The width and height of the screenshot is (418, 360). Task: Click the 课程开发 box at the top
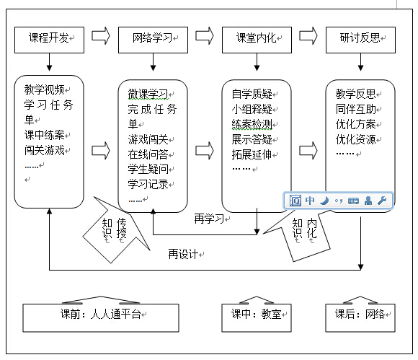pyautogui.click(x=49, y=40)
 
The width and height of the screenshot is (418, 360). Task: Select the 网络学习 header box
pyautogui.click(x=153, y=40)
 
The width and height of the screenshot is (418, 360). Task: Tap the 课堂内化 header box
pyautogui.click(x=257, y=40)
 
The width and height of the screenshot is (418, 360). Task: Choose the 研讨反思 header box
pyautogui.click(x=360, y=40)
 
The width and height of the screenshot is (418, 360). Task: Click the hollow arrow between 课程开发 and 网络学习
pyautogui.click(x=101, y=36)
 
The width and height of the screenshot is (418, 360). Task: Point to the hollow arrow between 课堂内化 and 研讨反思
pyautogui.click(x=308, y=36)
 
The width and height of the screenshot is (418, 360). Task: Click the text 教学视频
pyautogui.click(x=44, y=89)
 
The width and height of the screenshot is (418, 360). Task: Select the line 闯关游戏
pyautogui.click(x=44, y=150)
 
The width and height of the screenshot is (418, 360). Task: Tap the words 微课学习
pyautogui.click(x=148, y=94)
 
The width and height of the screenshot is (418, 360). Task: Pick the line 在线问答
pyautogui.click(x=148, y=154)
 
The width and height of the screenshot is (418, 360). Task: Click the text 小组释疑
pyautogui.click(x=252, y=109)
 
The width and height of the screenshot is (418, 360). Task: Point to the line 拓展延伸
pyautogui.click(x=252, y=154)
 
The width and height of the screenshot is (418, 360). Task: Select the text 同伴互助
pyautogui.click(x=355, y=109)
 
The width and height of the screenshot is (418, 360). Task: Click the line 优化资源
pyautogui.click(x=355, y=139)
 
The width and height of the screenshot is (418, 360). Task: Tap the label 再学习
pyautogui.click(x=209, y=219)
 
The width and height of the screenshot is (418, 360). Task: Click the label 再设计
pyautogui.click(x=183, y=254)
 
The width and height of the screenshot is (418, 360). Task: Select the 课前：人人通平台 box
pyautogui.click(x=101, y=317)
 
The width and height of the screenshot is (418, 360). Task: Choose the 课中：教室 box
pyautogui.click(x=257, y=317)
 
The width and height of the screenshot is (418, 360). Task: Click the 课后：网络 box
pyautogui.click(x=360, y=317)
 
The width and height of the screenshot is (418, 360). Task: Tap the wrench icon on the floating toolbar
pyautogui.click(x=382, y=201)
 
